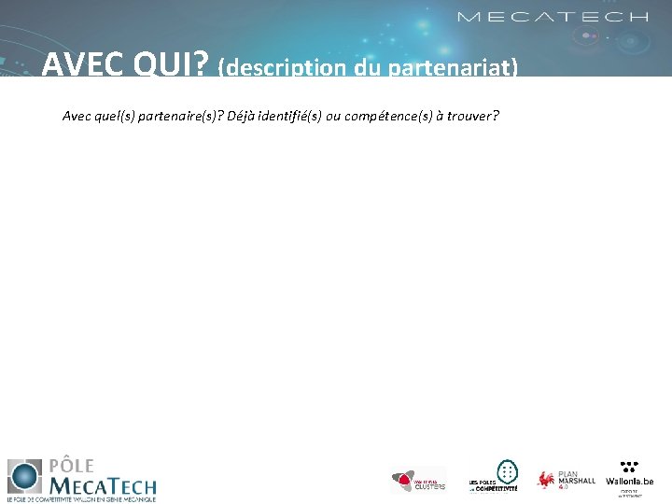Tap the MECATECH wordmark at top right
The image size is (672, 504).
point(553,16)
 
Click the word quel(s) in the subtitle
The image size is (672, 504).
point(115,117)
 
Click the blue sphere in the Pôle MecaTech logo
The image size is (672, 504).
point(25,476)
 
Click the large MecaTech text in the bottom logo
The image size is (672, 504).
point(103,485)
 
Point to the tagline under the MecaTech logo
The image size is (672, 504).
point(82,500)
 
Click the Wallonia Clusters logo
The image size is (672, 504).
point(417,481)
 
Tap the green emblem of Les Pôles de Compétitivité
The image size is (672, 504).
point(507,471)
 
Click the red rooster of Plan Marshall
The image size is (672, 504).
point(545,480)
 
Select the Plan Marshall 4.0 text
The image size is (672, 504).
point(576,480)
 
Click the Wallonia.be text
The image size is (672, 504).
point(630,482)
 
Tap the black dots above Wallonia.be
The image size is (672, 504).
point(629,466)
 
